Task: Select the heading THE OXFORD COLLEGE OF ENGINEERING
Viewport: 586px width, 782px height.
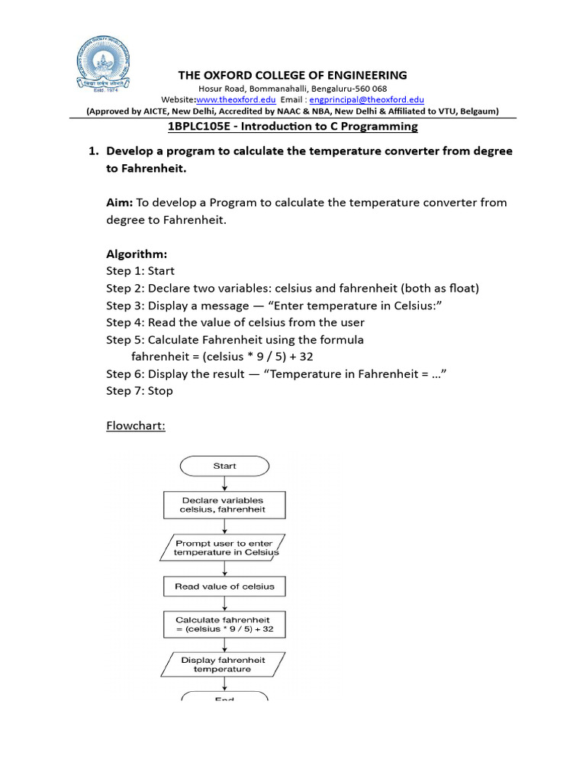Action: [292, 75]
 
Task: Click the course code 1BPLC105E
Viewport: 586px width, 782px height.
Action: [199, 127]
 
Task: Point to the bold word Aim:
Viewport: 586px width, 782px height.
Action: [120, 202]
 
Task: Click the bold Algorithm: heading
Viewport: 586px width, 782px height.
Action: [137, 254]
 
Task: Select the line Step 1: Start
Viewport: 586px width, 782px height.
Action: [140, 270]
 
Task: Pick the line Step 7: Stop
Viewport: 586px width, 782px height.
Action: [140, 390]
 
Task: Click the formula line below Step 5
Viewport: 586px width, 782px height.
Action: [222, 356]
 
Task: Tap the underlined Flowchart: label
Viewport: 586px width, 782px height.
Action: [135, 425]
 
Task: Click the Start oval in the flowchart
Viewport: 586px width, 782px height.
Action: [224, 466]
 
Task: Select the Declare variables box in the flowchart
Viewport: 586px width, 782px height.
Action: [224, 505]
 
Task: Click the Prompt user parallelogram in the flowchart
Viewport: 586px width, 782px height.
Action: [224, 548]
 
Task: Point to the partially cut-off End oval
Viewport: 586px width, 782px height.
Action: [224, 696]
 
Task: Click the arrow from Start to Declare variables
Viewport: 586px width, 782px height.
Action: [224, 483]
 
